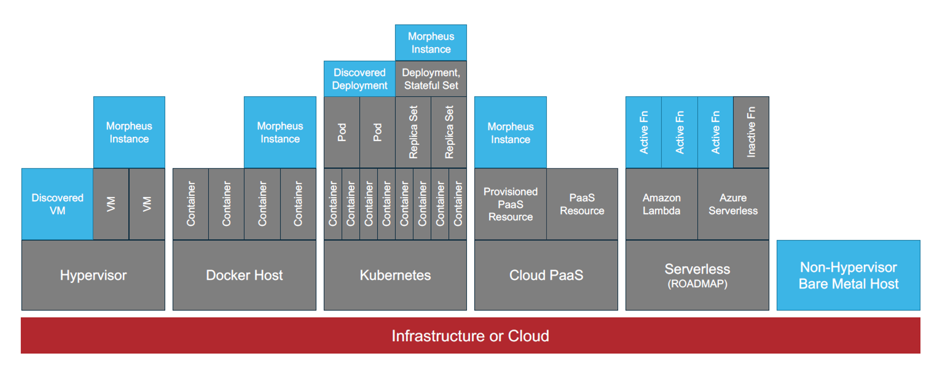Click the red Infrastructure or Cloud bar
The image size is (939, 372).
click(x=470, y=336)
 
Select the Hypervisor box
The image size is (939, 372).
click(x=93, y=275)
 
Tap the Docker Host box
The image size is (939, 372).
click(x=244, y=275)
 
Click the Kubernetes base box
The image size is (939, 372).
click(x=395, y=275)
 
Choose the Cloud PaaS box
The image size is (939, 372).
click(x=546, y=275)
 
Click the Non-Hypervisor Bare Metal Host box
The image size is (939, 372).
click(x=848, y=275)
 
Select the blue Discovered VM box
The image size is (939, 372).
click(x=57, y=204)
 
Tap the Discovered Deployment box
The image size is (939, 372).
click(x=359, y=79)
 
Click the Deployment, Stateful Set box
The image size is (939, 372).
click(x=431, y=79)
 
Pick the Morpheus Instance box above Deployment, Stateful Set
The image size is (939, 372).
click(x=431, y=42)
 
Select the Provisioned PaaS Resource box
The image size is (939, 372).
click(x=510, y=204)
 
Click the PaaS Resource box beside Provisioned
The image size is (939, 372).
click(x=582, y=204)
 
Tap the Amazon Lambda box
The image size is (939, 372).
click(x=661, y=204)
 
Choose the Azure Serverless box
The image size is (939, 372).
click(x=733, y=204)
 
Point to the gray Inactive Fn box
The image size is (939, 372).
click(x=751, y=132)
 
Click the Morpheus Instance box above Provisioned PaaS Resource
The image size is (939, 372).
click(x=510, y=133)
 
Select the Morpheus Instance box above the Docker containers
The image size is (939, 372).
click(x=280, y=132)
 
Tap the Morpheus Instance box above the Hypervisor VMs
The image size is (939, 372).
click(x=129, y=132)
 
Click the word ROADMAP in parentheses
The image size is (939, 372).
click(x=697, y=284)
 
